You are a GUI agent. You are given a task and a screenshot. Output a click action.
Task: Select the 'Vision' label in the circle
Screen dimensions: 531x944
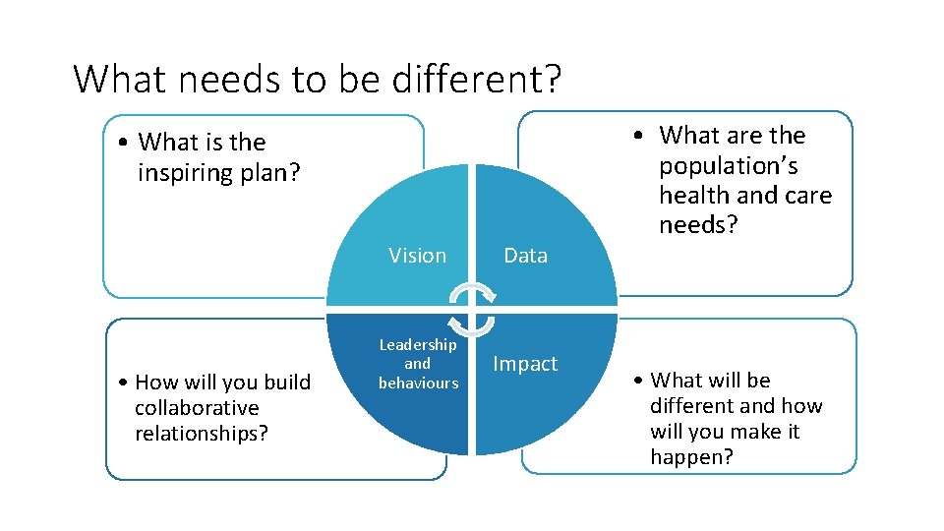[417, 256]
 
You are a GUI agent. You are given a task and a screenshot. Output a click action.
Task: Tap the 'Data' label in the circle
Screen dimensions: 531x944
[525, 256]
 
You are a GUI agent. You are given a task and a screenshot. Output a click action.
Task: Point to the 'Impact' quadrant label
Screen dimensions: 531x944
[525, 364]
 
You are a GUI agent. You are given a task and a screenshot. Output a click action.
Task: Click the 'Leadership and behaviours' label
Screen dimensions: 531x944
[418, 364]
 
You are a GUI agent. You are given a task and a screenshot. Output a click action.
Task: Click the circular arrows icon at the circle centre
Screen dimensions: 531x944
[472, 310]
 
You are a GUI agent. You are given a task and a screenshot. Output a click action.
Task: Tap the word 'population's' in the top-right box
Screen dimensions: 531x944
[728, 165]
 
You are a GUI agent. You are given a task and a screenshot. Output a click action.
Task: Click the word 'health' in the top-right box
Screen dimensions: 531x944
[693, 196]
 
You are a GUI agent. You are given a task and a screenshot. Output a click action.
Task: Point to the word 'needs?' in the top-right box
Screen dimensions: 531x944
[699, 225]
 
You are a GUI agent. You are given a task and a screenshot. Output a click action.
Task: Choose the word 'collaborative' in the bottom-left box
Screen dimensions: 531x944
[197, 407]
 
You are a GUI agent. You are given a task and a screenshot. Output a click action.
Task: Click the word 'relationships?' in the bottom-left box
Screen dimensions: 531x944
[202, 433]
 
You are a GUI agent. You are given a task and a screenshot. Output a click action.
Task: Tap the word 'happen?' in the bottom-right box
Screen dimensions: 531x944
[691, 456]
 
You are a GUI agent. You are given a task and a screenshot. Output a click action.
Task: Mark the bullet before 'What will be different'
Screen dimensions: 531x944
[639, 381]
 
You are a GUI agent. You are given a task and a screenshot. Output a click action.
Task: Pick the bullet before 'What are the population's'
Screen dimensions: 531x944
[639, 136]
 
